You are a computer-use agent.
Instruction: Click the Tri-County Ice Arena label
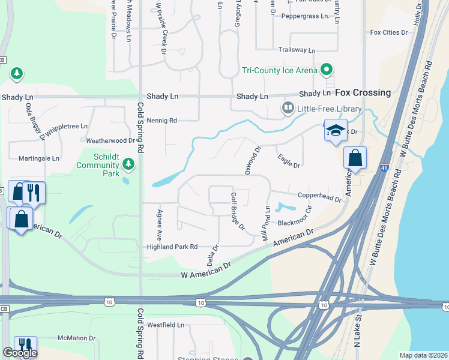click(279, 71)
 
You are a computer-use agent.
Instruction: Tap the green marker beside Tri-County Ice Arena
click(327, 70)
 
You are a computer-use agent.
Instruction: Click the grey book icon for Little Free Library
click(288, 109)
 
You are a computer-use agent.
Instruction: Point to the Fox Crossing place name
click(363, 93)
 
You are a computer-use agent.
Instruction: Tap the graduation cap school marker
click(336, 130)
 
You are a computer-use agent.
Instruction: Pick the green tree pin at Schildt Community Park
click(127, 163)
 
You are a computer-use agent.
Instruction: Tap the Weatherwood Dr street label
click(110, 140)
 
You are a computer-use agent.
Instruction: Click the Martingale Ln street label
click(38, 158)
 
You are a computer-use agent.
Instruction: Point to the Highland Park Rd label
click(172, 247)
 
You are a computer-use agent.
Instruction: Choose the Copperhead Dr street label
click(319, 196)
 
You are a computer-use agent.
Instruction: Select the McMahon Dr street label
click(76, 338)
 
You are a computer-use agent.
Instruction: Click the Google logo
click(20, 353)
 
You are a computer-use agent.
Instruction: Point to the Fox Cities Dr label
click(389, 32)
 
